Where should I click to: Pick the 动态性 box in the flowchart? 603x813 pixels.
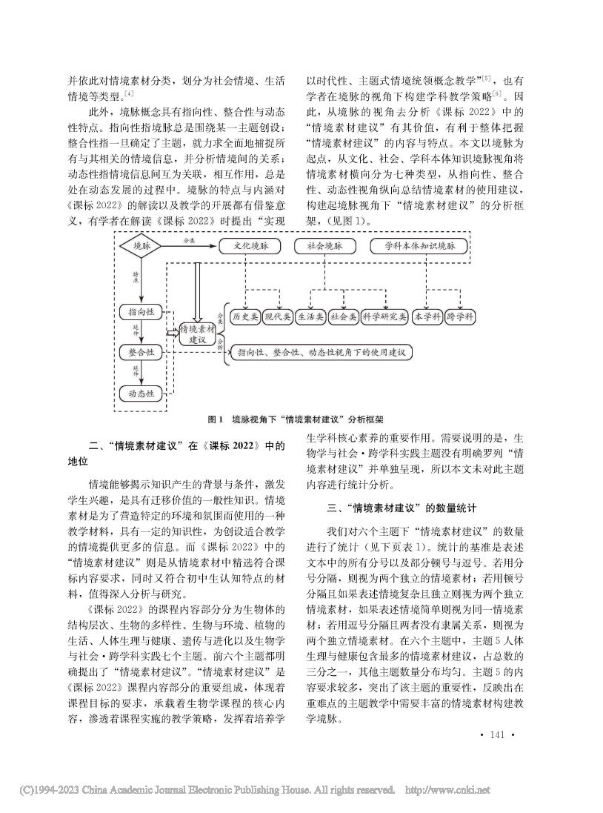point(141,393)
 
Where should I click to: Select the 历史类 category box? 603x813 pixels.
point(244,316)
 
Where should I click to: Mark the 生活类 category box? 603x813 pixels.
point(310,316)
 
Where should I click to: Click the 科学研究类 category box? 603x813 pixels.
point(384,316)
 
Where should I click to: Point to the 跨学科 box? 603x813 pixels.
point(462,316)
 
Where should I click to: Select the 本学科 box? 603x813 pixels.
point(428,316)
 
